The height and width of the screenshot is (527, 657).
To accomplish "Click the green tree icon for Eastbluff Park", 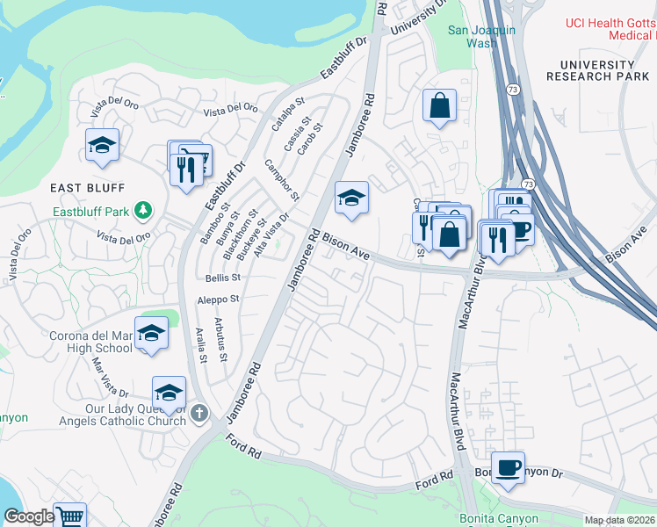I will (142, 211).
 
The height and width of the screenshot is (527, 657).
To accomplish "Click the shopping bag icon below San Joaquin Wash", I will (438, 106).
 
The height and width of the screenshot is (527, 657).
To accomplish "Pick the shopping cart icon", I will (69, 516).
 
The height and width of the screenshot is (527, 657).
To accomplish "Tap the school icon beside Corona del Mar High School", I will (151, 334).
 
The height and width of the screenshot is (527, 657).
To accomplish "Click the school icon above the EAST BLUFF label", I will (103, 145).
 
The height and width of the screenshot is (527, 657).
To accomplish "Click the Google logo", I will (29, 516).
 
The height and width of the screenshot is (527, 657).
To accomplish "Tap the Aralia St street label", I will (201, 344).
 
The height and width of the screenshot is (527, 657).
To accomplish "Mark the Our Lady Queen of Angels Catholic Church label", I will (135, 415).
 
